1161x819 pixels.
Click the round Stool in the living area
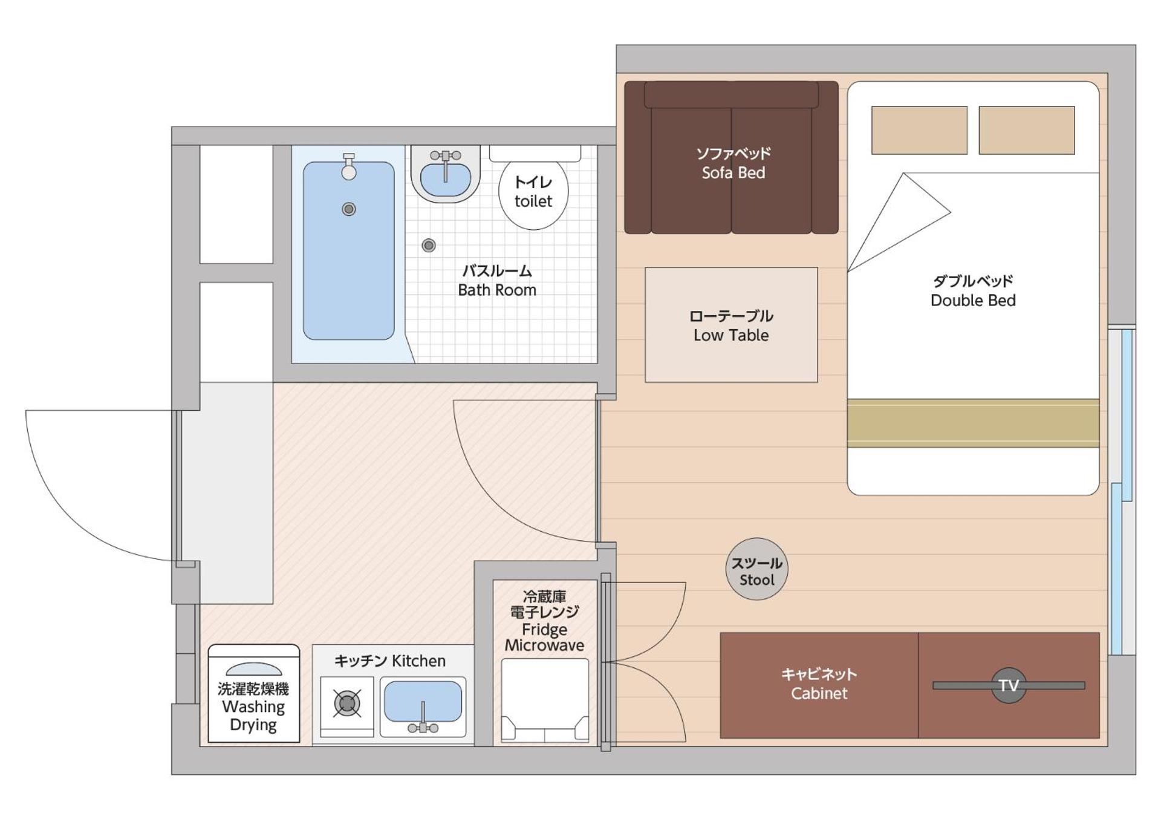756,569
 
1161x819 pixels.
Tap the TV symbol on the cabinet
1009,685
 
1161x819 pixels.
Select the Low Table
731,325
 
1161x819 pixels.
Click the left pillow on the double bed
919,130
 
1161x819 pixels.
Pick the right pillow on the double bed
1027,130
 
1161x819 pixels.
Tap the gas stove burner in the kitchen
347,703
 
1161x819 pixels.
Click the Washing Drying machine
254,693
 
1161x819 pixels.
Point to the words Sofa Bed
733,173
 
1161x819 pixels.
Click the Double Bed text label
973,301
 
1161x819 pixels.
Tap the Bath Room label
497,290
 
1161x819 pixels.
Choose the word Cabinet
819,694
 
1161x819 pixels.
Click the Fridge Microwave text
544,638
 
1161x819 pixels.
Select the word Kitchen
418,661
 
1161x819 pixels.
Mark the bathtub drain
349,209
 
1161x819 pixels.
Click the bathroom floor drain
429,246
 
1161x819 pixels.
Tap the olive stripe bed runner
973,423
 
